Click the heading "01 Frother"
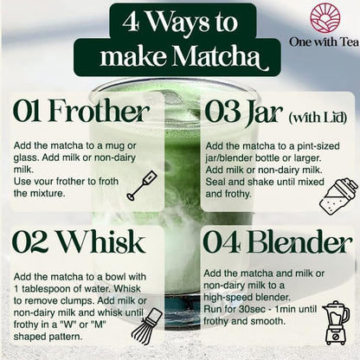pyautogui.click(x=82, y=112)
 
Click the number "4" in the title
pyautogui.click(x=131, y=22)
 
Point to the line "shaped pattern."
pyautogui.click(x=51, y=331)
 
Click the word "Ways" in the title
pyautogui.click(x=179, y=22)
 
